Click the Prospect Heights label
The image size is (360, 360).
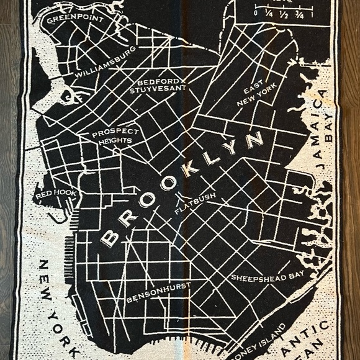[x=112, y=137]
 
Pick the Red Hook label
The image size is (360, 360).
[x=56, y=195]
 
